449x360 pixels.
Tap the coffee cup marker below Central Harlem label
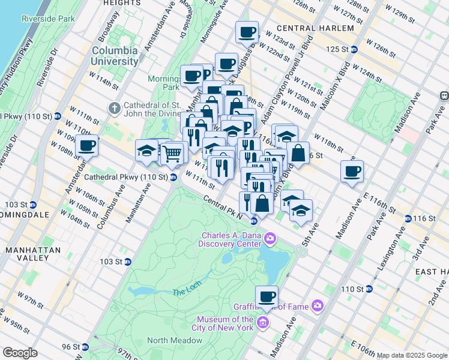pos(247,32)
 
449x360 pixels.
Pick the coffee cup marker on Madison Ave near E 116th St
pos(352,171)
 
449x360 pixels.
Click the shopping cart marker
pos(172,153)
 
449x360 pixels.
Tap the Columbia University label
pos(115,56)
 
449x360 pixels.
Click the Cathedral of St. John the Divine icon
pos(114,107)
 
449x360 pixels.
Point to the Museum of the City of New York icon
pos(262,324)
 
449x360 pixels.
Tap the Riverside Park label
pos(48,19)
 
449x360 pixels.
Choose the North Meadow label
pos(175,340)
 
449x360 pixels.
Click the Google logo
pos(20,353)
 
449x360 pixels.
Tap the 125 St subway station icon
pos(354,49)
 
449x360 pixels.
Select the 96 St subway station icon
pos(85,347)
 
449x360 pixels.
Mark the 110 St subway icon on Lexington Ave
pos(369,289)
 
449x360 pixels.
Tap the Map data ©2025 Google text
pos(411,355)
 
